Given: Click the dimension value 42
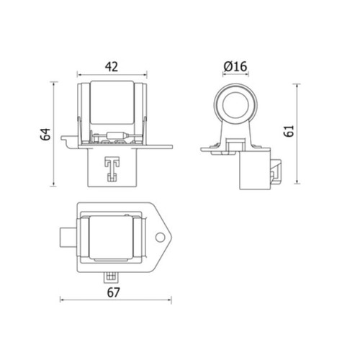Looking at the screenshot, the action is point(112,67).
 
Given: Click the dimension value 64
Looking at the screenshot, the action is point(45,134).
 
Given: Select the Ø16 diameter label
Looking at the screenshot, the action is point(235,66).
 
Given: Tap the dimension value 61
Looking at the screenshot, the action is point(289,131).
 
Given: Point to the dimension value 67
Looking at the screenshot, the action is point(113,292).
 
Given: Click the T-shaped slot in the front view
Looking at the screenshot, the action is point(112,169).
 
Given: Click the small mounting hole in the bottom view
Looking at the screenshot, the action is point(160,238).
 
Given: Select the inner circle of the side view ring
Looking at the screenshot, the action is point(235,106).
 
